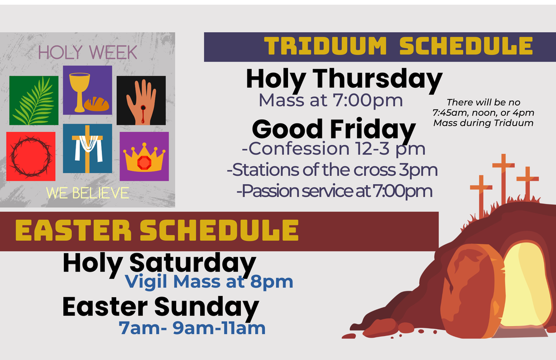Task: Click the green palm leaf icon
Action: (33, 100)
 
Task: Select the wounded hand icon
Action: (141, 100)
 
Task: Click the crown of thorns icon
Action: (31, 156)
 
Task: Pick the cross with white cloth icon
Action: (87, 149)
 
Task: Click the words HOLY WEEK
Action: (87, 52)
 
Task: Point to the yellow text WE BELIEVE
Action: (87, 193)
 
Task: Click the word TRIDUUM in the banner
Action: (325, 46)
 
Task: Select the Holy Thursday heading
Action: (344, 79)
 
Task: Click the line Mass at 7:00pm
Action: (331, 101)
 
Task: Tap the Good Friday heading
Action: (334, 129)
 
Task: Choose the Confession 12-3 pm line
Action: (334, 149)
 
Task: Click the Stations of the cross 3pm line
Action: (332, 170)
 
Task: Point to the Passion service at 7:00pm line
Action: (334, 191)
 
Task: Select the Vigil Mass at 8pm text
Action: (209, 281)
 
